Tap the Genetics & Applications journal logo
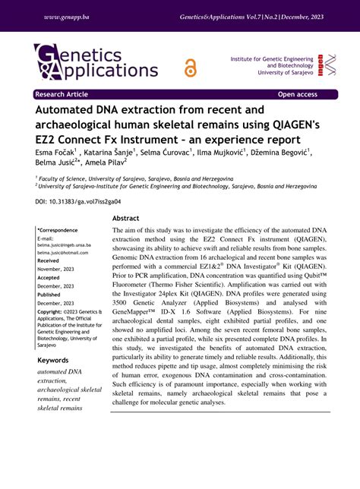coord(96,63)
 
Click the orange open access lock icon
coord(190,68)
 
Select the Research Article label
coord(61,95)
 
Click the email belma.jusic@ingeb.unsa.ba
coord(64,245)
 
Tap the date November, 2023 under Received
coord(55,269)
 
